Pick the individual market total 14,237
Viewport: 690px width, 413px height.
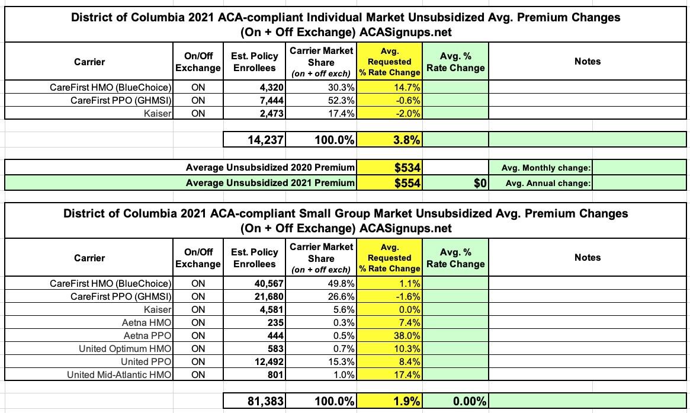click(x=266, y=140)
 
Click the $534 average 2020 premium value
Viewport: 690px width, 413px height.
click(x=407, y=168)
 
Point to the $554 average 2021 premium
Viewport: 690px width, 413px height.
click(x=407, y=183)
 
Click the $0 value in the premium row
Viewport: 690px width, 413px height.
click(x=480, y=183)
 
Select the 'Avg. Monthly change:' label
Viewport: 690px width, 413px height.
click(x=546, y=168)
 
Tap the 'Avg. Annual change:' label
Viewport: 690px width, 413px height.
click(x=548, y=183)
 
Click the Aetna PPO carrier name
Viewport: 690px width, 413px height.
click(x=147, y=335)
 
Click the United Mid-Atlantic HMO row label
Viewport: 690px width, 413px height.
click(x=119, y=374)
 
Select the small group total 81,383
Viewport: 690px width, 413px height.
click(x=266, y=402)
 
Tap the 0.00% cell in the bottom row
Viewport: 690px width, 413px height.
click(x=470, y=402)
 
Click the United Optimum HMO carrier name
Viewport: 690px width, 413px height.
click(x=125, y=349)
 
